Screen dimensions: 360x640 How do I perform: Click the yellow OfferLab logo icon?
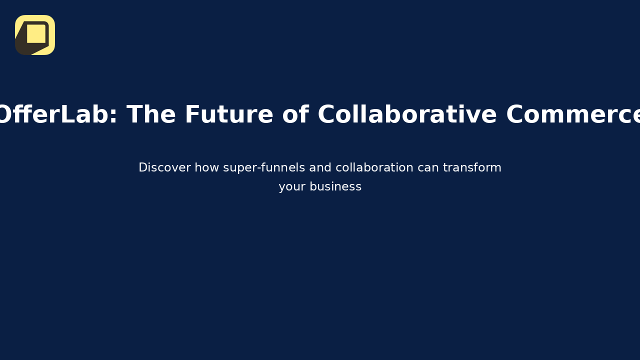tap(35, 35)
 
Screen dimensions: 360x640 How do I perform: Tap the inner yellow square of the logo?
tap(36, 33)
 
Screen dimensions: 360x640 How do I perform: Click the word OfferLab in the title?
tap(54, 115)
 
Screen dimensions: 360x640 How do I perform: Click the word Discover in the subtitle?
tap(164, 167)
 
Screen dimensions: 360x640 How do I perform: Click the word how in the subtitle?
tap(205, 167)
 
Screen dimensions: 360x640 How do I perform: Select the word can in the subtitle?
tap(428, 167)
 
